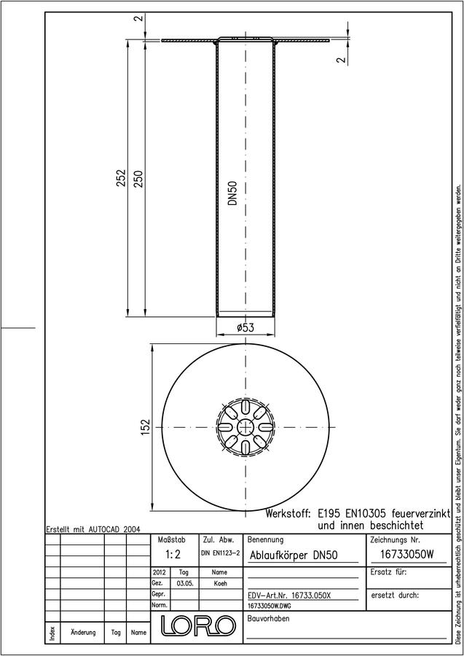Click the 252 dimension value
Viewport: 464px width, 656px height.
click(x=121, y=178)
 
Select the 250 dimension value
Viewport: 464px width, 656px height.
click(x=138, y=179)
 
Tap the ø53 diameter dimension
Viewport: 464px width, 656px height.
click(x=245, y=327)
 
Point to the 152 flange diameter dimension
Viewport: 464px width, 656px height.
click(x=145, y=428)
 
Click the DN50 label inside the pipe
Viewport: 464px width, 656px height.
click(x=232, y=193)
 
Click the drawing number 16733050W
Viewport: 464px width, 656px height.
click(x=407, y=555)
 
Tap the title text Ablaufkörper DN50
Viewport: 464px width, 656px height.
click(x=294, y=555)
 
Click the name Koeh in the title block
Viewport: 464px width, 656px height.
click(x=220, y=583)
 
